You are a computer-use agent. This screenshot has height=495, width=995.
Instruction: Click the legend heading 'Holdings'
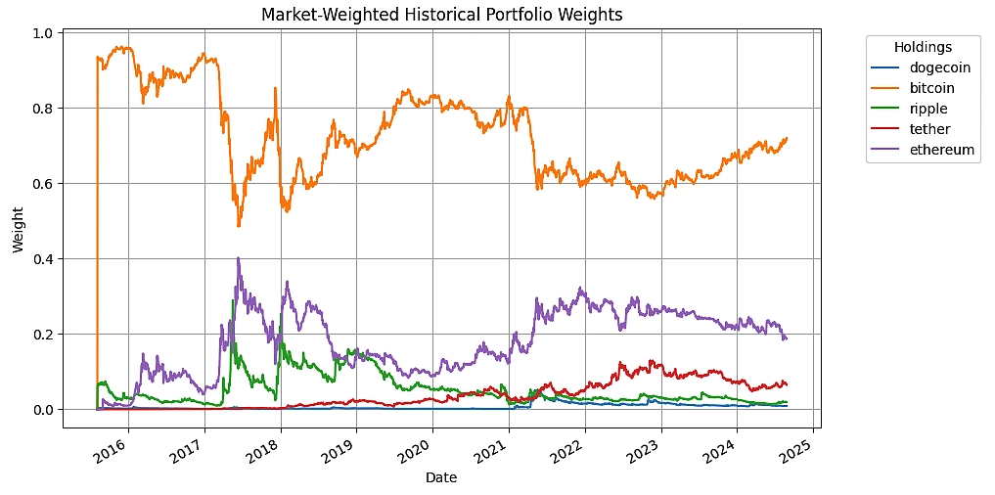[923, 47]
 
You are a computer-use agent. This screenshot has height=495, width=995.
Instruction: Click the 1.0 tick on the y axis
[44, 33]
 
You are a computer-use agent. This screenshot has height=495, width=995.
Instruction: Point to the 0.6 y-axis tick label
[44, 184]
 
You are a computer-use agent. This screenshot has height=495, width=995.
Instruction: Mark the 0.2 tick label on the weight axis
[44, 335]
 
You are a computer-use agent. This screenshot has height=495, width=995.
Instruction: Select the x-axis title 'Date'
[440, 478]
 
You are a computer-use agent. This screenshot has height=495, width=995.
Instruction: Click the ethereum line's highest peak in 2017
[238, 259]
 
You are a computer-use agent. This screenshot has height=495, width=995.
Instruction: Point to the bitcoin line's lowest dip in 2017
[239, 226]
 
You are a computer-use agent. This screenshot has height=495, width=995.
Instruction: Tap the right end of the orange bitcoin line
[787, 138]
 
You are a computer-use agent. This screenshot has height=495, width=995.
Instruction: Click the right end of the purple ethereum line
[787, 338]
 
